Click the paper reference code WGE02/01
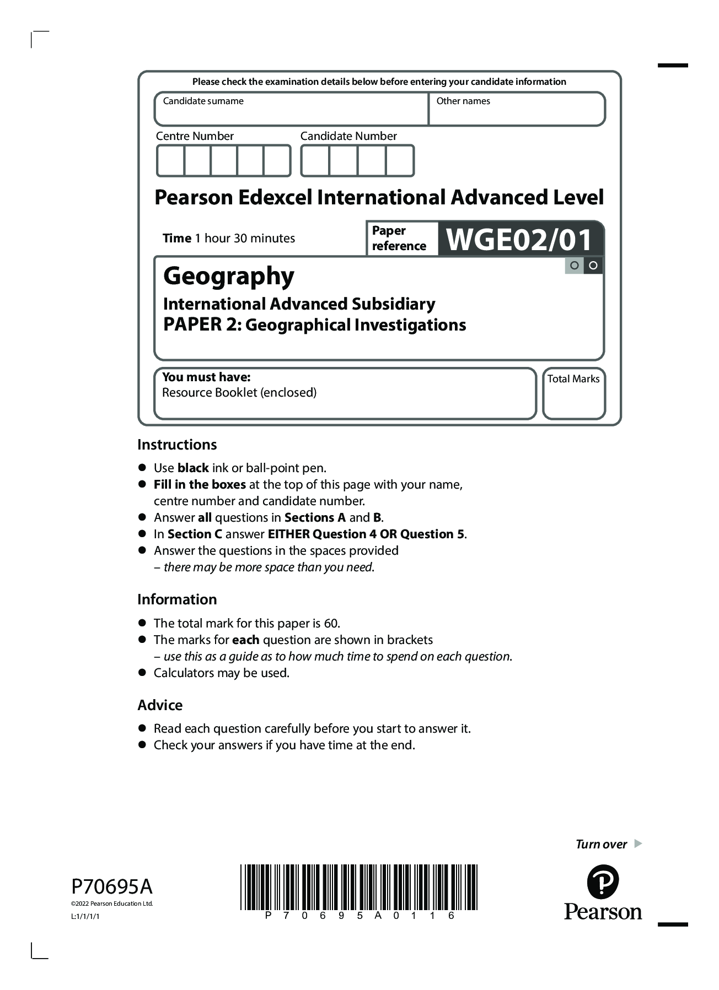(519, 239)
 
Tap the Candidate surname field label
(203, 101)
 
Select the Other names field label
(463, 101)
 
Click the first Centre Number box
(170, 161)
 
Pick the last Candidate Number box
(399, 161)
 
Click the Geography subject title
(229, 276)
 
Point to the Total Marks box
(573, 393)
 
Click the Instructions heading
(177, 445)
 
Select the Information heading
(177, 599)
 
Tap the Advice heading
(160, 705)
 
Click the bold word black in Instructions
(193, 468)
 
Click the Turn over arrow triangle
(638, 843)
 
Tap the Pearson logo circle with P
(603, 882)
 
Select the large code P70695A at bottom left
(112, 887)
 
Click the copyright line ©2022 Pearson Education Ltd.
(112, 904)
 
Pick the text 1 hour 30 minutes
(249, 239)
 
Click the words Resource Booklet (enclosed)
(239, 393)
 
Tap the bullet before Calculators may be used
(142, 673)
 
